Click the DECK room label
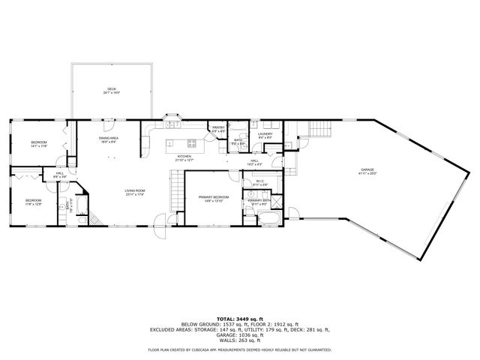(x=111, y=91)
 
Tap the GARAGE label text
(x=367, y=171)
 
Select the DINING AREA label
(x=110, y=139)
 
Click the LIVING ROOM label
(x=135, y=191)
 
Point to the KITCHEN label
(x=184, y=157)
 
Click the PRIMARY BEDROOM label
(x=212, y=198)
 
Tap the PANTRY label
(x=218, y=128)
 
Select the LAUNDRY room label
(x=265, y=135)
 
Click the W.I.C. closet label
(x=259, y=181)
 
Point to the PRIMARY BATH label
(x=259, y=201)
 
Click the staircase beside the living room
(x=175, y=192)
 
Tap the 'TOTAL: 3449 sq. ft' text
(x=239, y=319)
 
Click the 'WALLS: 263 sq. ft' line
(x=239, y=339)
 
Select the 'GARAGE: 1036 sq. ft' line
(x=239, y=334)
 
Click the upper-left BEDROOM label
(x=39, y=142)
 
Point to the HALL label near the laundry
(x=254, y=160)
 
